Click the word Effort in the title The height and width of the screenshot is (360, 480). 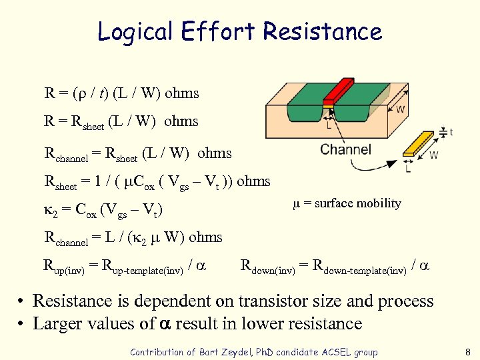[x=217, y=31]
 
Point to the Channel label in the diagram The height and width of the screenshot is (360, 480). [x=346, y=149]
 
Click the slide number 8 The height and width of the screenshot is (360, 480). [x=467, y=352]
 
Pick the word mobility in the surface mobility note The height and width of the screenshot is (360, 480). [x=377, y=203]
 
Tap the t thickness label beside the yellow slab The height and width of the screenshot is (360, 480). [x=451, y=133]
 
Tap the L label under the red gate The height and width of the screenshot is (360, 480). [x=329, y=124]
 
